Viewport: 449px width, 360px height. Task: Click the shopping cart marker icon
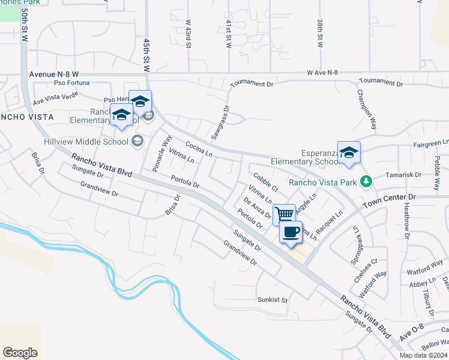pyautogui.click(x=284, y=214)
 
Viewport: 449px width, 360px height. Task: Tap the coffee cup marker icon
pyautogui.click(x=291, y=233)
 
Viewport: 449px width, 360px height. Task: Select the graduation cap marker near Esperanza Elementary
pyautogui.click(x=349, y=152)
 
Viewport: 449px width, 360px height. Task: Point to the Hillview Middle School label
pyautogui.click(x=86, y=142)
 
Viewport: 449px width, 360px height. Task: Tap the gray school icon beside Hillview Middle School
pyautogui.click(x=137, y=142)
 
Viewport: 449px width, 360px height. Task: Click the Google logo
pyautogui.click(x=20, y=353)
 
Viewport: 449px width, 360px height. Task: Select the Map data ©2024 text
pyautogui.click(x=423, y=355)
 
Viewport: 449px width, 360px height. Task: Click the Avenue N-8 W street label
pyautogui.click(x=53, y=74)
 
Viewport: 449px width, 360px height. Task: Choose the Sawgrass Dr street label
pyautogui.click(x=224, y=118)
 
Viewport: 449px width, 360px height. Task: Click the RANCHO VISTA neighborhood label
pyautogui.click(x=27, y=116)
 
